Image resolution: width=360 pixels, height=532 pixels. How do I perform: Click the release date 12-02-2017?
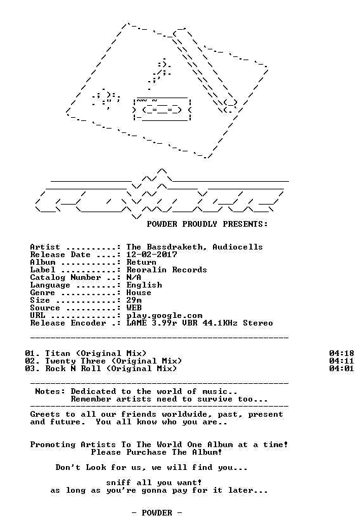click(x=152, y=255)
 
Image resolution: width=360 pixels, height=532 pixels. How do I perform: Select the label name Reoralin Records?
click(x=167, y=270)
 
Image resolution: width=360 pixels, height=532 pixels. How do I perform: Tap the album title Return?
click(x=141, y=262)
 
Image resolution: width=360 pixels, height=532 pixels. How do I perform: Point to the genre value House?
click(x=139, y=293)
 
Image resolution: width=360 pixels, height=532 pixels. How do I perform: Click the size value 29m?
click(x=134, y=300)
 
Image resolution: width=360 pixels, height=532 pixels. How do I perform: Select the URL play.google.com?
click(x=164, y=315)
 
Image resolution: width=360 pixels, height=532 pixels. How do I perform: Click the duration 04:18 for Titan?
click(x=342, y=353)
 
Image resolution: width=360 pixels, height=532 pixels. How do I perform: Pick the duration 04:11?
click(x=342, y=361)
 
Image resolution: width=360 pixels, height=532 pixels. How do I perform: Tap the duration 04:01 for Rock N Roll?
click(x=342, y=369)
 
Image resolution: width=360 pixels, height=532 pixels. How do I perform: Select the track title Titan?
click(x=58, y=353)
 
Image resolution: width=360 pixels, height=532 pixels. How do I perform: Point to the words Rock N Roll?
click(x=74, y=369)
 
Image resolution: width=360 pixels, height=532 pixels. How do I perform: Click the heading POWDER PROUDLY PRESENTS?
click(x=207, y=224)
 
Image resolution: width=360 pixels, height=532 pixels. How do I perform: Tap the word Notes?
click(x=50, y=391)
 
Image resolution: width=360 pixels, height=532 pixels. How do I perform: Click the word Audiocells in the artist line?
click(x=238, y=247)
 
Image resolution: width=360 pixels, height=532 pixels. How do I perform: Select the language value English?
click(x=145, y=285)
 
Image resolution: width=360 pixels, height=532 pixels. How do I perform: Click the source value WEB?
click(x=134, y=308)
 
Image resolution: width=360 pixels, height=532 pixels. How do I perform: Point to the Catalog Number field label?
click(x=65, y=277)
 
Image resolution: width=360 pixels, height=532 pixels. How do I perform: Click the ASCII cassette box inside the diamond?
click(x=162, y=109)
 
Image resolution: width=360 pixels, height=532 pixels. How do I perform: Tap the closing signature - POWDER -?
click(x=157, y=512)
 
